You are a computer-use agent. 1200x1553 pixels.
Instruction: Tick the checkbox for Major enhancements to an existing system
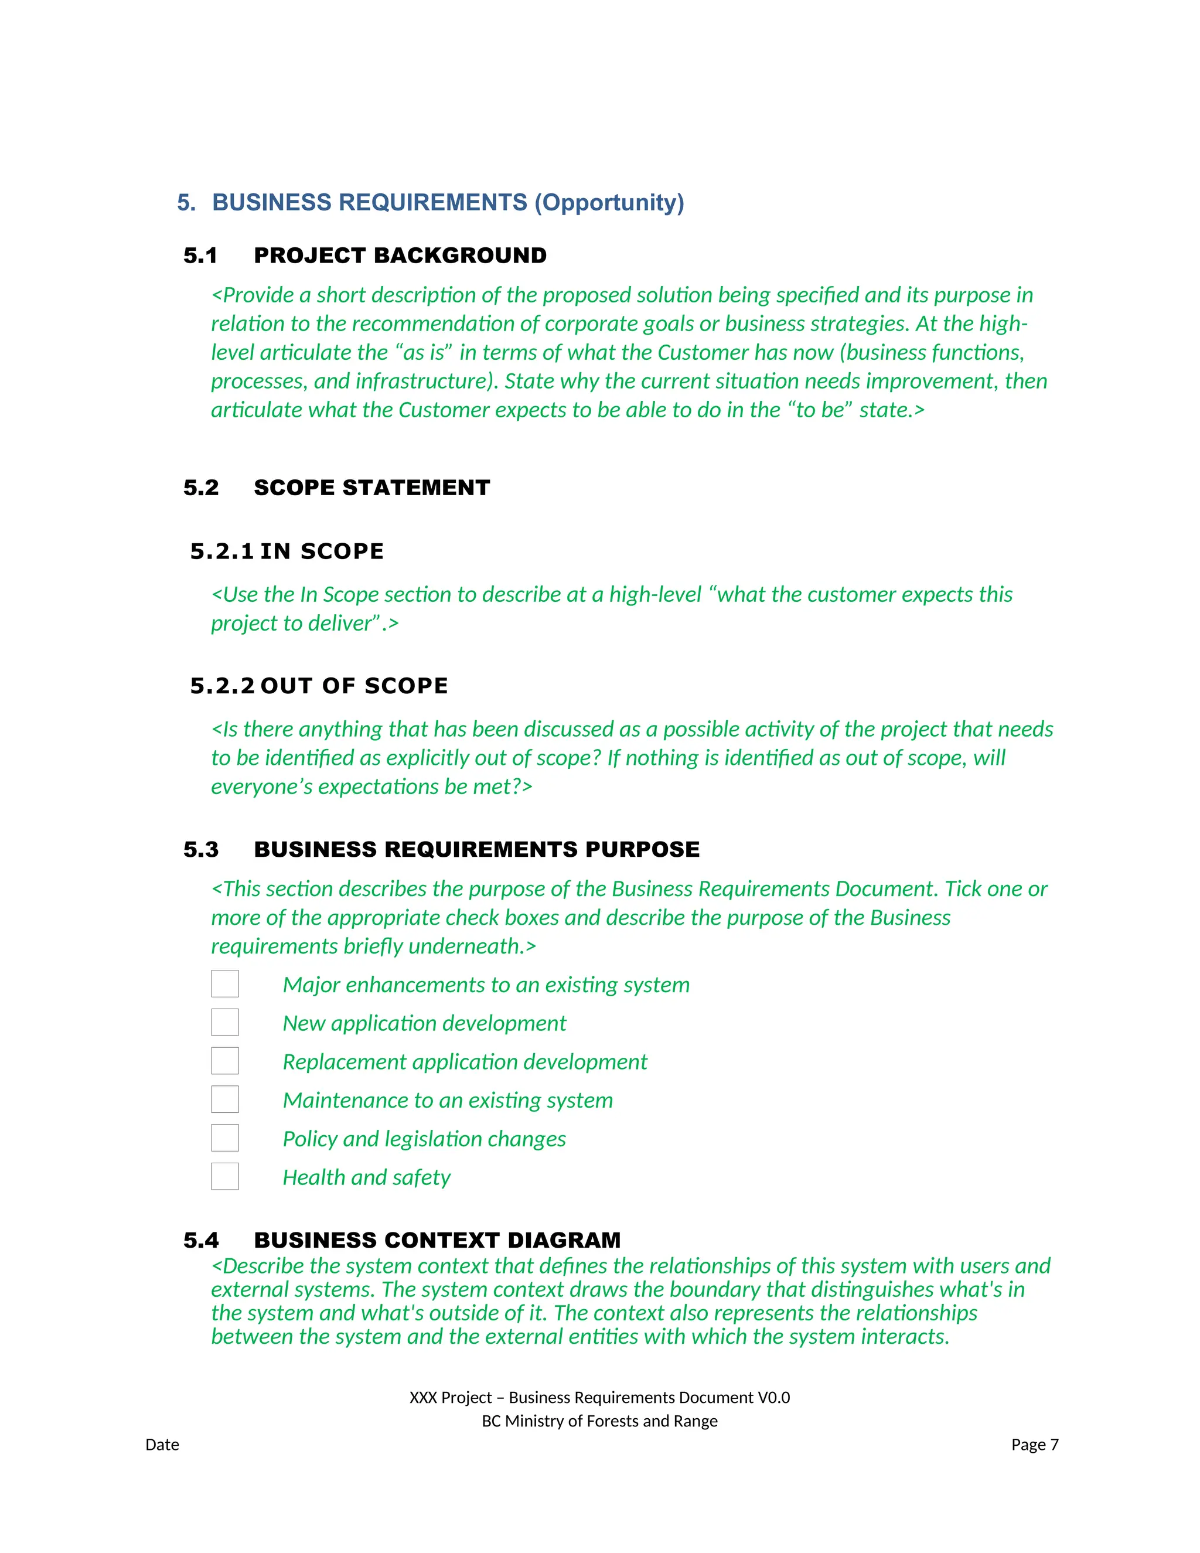[x=224, y=983]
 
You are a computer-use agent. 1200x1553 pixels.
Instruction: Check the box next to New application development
[x=224, y=1022]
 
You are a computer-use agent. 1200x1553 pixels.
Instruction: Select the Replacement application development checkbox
[x=224, y=1060]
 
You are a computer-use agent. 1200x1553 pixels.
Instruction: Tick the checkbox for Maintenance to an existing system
[x=224, y=1099]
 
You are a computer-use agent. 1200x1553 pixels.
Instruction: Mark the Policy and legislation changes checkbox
[x=224, y=1137]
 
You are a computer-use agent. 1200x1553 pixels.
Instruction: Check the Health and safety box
[x=224, y=1176]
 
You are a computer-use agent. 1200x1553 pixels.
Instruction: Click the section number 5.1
[x=200, y=256]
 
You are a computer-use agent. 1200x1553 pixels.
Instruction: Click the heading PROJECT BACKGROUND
[x=400, y=256]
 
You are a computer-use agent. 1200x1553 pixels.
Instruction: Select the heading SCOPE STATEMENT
[x=372, y=488]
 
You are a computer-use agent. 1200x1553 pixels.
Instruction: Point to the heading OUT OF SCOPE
[x=354, y=686]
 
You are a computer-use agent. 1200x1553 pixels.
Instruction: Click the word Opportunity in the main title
[x=609, y=203]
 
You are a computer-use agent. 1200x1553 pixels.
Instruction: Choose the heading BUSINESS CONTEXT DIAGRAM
[x=437, y=1240]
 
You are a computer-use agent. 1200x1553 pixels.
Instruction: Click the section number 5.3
[x=201, y=849]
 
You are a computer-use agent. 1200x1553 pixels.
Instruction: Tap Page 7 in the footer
[x=1034, y=1444]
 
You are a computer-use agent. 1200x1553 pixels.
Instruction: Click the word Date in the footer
[x=162, y=1444]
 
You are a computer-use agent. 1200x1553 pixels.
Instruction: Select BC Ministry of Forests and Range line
[x=599, y=1421]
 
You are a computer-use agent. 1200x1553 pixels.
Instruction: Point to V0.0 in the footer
[x=773, y=1397]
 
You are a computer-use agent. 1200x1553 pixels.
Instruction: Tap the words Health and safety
[x=366, y=1177]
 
